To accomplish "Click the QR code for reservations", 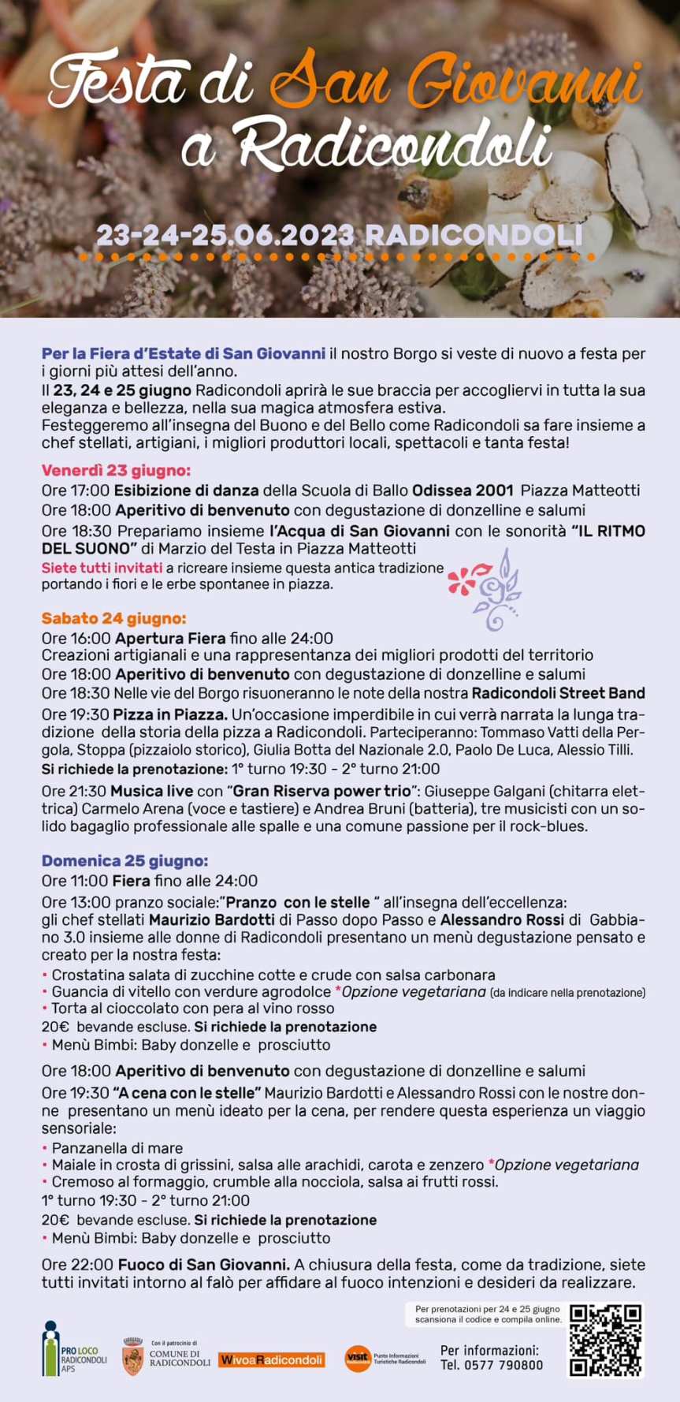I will click(605, 1341).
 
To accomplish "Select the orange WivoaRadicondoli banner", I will click(271, 1359).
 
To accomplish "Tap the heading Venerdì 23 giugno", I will click(116, 471).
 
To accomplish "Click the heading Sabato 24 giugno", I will click(113, 618).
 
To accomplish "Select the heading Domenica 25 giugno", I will click(124, 861).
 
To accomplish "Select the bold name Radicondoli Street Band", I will click(558, 693).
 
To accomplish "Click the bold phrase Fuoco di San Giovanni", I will click(204, 1264).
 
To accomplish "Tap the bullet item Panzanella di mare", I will click(117, 1148).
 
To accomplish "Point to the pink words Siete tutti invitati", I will click(102, 568).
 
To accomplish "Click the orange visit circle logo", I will click(357, 1358).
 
